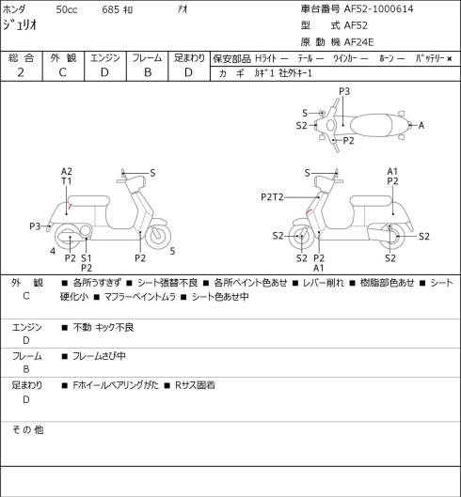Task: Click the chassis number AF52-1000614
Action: click(x=378, y=8)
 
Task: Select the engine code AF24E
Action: click(x=358, y=42)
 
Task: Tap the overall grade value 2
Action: click(x=21, y=72)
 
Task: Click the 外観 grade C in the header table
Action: click(x=62, y=72)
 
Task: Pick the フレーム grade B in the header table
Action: click(x=148, y=72)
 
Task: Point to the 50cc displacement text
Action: click(x=67, y=9)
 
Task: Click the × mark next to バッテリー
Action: click(x=450, y=59)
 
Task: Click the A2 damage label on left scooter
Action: click(x=67, y=172)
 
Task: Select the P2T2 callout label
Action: click(x=272, y=197)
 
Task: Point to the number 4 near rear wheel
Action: click(x=53, y=252)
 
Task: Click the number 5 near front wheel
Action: click(x=172, y=252)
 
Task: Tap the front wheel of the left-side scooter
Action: click(x=158, y=237)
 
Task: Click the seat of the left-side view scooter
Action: click(x=88, y=201)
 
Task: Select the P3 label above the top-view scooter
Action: click(x=344, y=91)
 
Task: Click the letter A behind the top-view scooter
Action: click(x=421, y=126)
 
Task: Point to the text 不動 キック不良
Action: click(x=103, y=327)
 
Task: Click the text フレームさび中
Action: click(x=99, y=356)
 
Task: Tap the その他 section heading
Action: click(x=27, y=429)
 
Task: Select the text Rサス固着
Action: click(x=195, y=385)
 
